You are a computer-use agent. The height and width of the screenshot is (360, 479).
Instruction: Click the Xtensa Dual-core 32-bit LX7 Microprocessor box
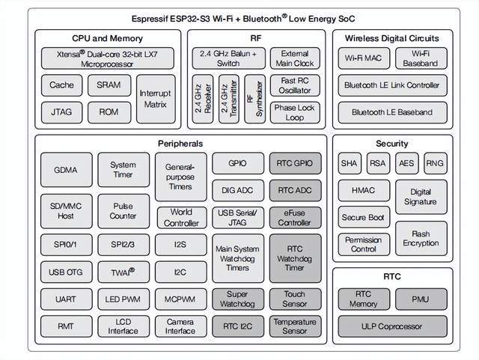[x=108, y=59]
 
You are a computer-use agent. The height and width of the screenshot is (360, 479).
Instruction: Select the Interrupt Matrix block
[x=156, y=98]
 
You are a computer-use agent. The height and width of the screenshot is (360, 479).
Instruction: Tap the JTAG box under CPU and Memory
[x=62, y=112]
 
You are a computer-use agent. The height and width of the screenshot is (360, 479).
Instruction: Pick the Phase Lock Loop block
[x=294, y=112]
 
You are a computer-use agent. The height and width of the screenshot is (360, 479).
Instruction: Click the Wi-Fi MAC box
[x=362, y=58]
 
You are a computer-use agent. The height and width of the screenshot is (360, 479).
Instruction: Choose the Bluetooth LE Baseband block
[x=393, y=112]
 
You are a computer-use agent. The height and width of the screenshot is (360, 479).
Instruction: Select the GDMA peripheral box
[x=65, y=170]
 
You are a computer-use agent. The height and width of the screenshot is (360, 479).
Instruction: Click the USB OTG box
[x=65, y=272]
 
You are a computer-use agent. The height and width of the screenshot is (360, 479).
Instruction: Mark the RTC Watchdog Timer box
[x=294, y=257]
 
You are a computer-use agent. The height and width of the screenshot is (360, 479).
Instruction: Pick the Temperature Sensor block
[x=294, y=326]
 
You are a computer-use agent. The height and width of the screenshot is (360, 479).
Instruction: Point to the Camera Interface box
[x=180, y=326]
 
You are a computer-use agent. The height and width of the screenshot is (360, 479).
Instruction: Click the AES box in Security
[x=406, y=163]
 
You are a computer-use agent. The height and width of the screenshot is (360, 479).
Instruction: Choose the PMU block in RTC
[x=420, y=299]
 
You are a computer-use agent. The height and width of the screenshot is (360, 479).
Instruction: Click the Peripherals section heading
[x=180, y=143]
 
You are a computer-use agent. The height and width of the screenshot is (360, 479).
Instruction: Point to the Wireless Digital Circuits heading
[x=392, y=38]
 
